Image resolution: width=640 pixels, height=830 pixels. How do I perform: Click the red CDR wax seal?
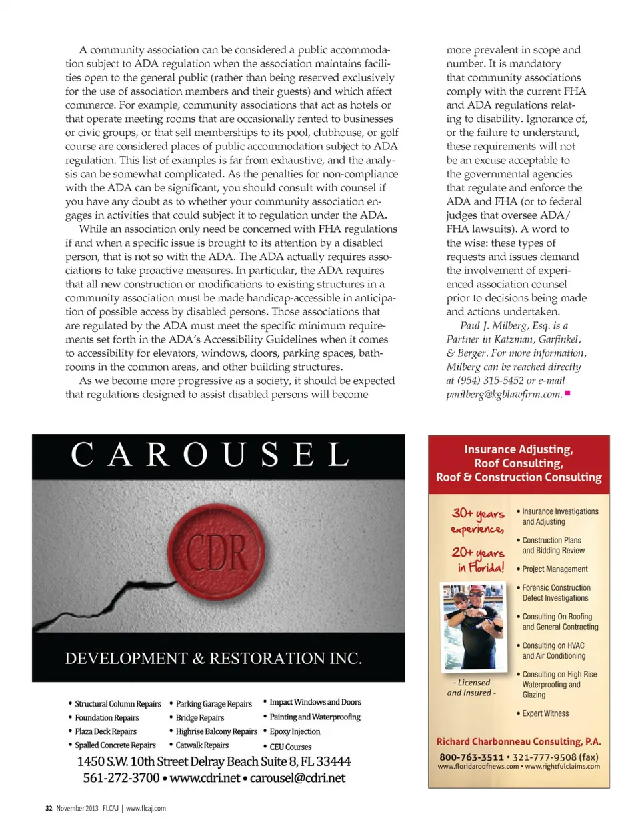[216, 551]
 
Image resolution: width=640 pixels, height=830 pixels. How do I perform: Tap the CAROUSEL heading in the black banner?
[211, 455]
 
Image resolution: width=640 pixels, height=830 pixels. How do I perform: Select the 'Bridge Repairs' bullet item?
[199, 718]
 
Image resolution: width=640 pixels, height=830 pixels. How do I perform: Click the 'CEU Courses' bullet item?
[290, 747]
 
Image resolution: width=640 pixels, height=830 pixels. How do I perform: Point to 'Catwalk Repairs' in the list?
[202, 745]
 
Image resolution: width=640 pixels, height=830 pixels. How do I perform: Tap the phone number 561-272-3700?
[121, 778]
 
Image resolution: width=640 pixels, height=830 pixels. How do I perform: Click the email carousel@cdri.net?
[297, 778]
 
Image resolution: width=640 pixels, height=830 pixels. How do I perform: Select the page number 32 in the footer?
[49, 808]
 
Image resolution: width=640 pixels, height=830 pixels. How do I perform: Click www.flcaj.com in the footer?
[146, 808]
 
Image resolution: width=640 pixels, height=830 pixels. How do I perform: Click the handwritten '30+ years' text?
[478, 513]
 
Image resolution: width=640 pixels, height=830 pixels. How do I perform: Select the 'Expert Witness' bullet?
[545, 713]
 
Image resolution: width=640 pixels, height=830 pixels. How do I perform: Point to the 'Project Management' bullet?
[555, 569]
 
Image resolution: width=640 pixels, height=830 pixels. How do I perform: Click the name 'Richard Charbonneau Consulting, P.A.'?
[519, 741]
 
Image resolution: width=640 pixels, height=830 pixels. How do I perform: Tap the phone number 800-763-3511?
[471, 757]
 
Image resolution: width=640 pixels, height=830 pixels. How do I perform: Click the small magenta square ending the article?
[567, 393]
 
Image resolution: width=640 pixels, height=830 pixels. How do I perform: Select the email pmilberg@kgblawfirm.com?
[504, 394]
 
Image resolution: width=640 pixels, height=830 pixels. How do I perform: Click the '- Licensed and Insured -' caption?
[471, 687]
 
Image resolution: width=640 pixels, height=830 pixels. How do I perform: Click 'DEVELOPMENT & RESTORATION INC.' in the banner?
[213, 659]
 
